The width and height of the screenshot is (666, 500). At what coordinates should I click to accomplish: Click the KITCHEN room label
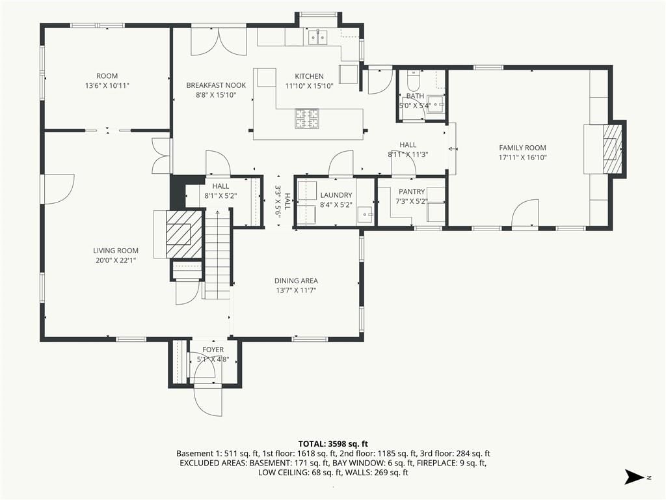click(x=309, y=77)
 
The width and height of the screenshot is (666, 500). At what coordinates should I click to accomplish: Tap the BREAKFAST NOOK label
click(x=216, y=85)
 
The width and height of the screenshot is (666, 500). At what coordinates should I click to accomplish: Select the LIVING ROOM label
click(x=116, y=251)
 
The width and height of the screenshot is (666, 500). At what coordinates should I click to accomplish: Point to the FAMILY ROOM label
click(x=522, y=148)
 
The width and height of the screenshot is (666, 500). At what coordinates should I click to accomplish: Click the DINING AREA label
click(x=296, y=281)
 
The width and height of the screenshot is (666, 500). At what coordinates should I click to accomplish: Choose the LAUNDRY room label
click(x=336, y=195)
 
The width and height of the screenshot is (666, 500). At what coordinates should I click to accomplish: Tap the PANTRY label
click(x=412, y=192)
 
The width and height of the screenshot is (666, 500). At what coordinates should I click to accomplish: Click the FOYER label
click(x=213, y=350)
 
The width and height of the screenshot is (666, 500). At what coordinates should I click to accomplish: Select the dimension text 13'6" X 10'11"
click(x=107, y=86)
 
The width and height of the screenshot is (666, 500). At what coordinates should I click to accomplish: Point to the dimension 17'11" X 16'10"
click(x=522, y=158)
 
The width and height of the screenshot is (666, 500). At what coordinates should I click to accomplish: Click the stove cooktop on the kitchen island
click(x=307, y=118)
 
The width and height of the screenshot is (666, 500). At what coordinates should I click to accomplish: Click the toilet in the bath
click(x=413, y=79)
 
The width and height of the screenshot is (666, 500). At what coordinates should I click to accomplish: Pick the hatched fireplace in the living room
click(x=184, y=234)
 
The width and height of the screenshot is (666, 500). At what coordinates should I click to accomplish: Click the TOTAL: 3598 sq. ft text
click(x=333, y=444)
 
